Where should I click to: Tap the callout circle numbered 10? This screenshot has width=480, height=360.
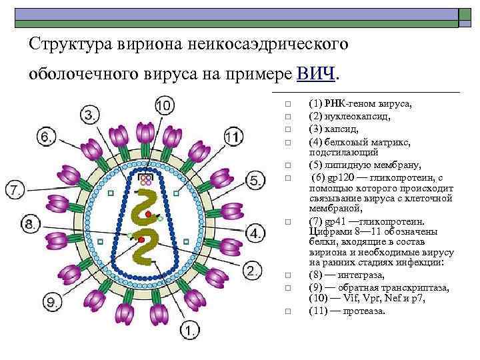click(165, 105)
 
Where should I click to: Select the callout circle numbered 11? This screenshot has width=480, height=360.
click(233, 138)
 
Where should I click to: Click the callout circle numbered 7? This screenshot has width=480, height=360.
click(16, 190)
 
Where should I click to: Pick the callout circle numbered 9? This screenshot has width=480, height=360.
click(53, 303)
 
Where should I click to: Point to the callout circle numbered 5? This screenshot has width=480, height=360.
click(256, 180)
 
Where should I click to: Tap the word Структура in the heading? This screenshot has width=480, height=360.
click(62, 44)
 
